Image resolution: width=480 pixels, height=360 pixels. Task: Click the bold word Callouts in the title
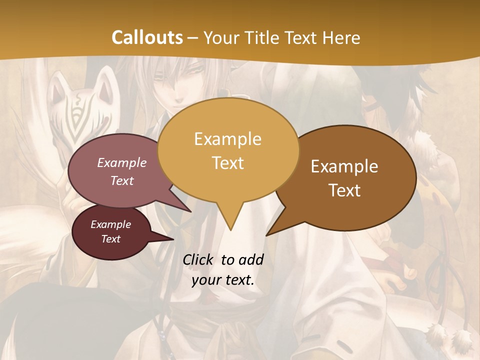click(x=147, y=37)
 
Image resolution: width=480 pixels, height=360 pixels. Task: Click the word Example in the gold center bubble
click(x=227, y=139)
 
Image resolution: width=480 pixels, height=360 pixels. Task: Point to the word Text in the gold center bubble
click(x=227, y=162)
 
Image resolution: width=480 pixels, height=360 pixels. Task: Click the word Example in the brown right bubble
click(x=344, y=166)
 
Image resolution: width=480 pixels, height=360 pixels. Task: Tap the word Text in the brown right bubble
click(x=344, y=190)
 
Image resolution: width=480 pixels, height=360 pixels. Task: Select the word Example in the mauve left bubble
click(x=122, y=162)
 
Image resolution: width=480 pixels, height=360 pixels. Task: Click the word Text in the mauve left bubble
click(x=122, y=180)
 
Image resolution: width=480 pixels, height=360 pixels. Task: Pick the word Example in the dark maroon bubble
click(x=110, y=224)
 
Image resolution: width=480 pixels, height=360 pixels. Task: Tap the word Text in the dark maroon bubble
click(x=110, y=239)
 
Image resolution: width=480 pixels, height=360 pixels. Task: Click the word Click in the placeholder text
click(x=199, y=259)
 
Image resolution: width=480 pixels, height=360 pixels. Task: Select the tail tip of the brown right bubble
click(x=266, y=235)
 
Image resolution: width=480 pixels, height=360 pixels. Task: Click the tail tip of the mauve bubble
click(x=190, y=211)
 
